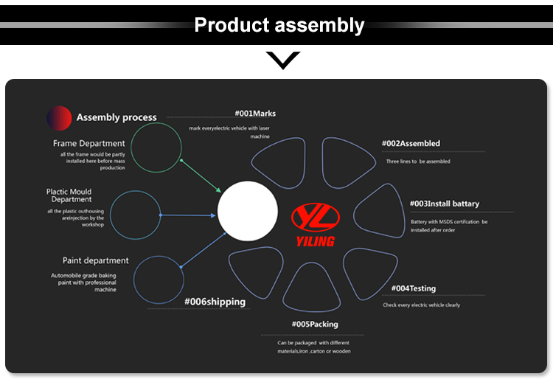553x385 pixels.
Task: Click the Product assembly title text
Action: tap(279, 25)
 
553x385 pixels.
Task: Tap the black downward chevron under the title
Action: tap(282, 60)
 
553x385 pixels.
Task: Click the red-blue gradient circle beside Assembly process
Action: tap(59, 117)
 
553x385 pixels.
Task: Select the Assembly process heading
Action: tap(116, 117)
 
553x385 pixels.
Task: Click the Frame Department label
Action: tap(88, 143)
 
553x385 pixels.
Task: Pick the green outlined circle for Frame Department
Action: tap(157, 148)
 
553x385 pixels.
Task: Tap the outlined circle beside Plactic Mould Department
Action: tap(135, 215)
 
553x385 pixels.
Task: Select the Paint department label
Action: tap(95, 260)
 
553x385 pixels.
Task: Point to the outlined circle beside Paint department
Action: tap(158, 280)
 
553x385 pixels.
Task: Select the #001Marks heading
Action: tap(255, 114)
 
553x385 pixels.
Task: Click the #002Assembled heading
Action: tap(411, 143)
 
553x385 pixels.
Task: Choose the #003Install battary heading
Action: tap(445, 204)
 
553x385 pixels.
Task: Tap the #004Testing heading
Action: tap(413, 288)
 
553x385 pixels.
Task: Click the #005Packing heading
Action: tap(315, 324)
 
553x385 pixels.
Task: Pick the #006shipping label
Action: tap(215, 301)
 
